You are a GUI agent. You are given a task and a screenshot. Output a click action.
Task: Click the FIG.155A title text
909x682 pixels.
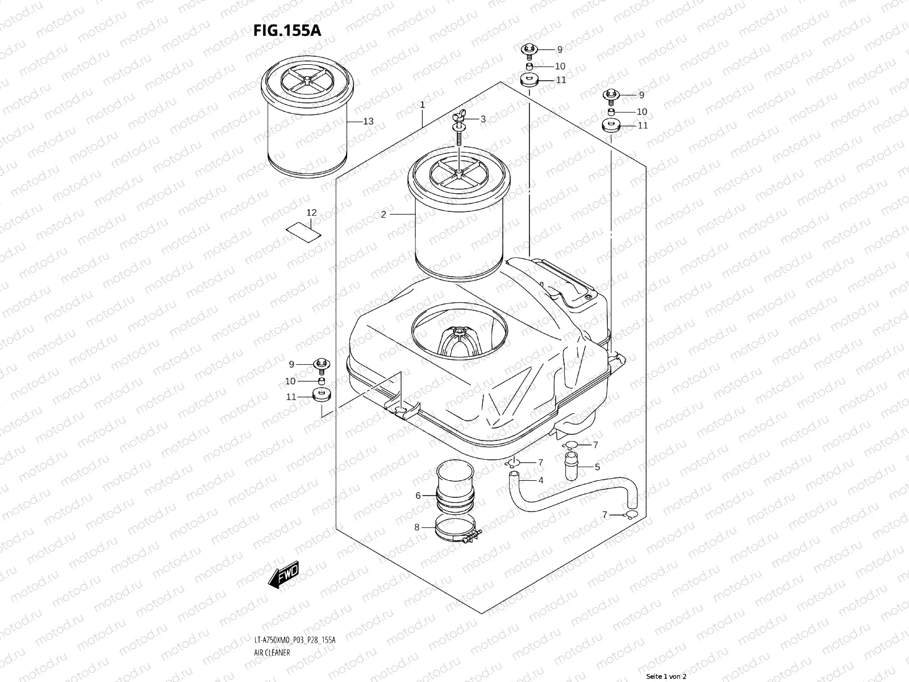click(287, 30)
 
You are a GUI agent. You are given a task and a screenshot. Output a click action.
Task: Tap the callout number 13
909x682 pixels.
click(368, 121)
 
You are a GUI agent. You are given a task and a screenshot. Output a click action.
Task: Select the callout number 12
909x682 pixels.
click(311, 213)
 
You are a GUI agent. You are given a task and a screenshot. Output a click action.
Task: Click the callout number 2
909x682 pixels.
click(383, 214)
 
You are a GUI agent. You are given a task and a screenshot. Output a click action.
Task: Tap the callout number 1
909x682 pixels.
click(423, 105)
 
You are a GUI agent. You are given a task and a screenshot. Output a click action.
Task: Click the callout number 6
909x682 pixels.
click(418, 496)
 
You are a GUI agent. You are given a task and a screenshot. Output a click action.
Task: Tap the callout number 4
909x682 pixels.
click(540, 480)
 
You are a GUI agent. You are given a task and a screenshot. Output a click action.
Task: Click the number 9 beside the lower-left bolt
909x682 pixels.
click(291, 364)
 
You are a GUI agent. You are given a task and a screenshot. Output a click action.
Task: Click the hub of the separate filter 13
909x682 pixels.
click(307, 80)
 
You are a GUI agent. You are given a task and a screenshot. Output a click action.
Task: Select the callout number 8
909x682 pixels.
click(416, 527)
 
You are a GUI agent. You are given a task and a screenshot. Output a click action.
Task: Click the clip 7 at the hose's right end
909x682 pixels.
click(629, 515)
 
